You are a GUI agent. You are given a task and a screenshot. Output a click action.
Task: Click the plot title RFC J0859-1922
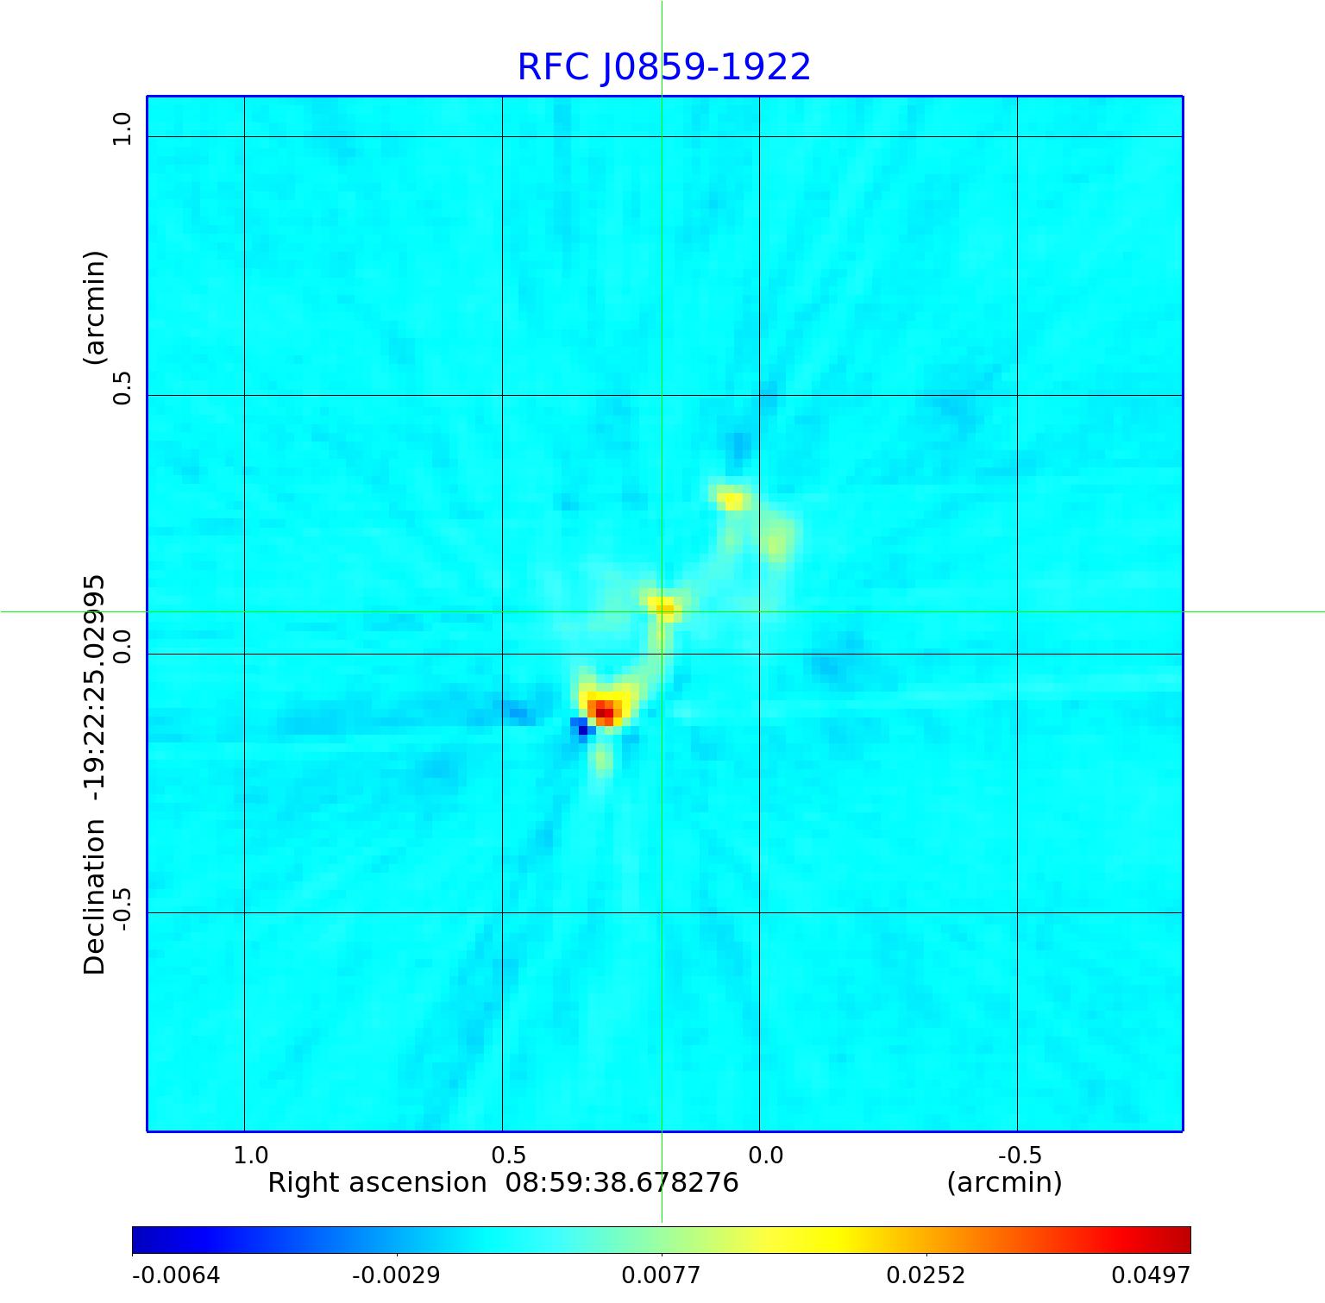pos(663,67)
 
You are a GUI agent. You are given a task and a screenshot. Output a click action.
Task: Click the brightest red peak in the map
pos(605,711)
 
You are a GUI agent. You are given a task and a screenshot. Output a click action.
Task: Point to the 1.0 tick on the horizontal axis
pos(251,1155)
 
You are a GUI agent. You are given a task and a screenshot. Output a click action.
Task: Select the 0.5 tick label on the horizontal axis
pos(508,1155)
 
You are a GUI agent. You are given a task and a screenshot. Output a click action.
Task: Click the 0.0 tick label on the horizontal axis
pos(765,1155)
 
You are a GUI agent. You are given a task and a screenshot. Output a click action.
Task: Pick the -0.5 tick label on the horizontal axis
pos(1020,1155)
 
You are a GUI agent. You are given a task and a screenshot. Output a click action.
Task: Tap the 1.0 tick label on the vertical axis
pos(122,129)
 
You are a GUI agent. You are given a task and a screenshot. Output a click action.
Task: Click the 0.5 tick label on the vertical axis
pos(122,388)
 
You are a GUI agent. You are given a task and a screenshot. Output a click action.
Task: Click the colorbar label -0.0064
pos(176,1275)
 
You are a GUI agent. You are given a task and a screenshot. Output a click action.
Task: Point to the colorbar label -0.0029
pos(396,1275)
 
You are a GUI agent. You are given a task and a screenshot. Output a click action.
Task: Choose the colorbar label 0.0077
pos(661,1275)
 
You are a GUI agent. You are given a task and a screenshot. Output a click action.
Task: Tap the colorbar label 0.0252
pos(926,1275)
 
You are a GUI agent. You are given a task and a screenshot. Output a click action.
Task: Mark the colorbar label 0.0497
pos(1150,1275)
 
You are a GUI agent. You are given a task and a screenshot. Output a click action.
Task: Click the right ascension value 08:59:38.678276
pos(621,1182)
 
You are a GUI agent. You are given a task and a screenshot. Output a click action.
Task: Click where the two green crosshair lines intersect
pos(662,611)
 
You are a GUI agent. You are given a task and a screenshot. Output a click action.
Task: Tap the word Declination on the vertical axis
pos(93,897)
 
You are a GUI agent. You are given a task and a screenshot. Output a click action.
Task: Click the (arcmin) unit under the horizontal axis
pos(1004,1182)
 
